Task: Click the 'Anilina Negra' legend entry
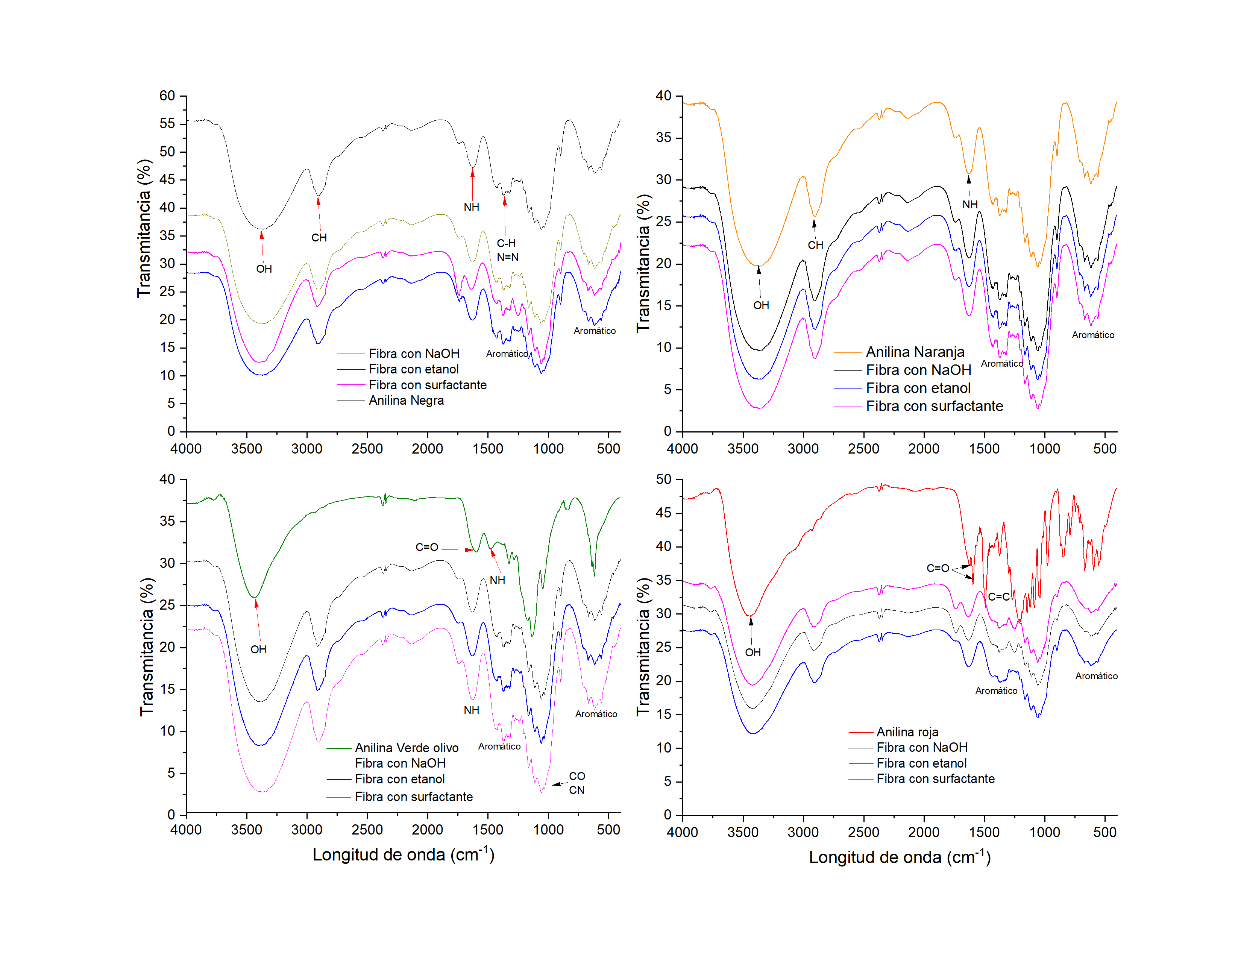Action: tap(406, 401)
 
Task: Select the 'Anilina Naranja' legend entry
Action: tap(915, 352)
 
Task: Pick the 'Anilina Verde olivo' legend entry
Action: tap(406, 748)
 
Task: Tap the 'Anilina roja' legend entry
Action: tap(907, 732)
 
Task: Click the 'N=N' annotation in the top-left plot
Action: tap(507, 257)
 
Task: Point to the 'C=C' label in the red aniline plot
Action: tap(998, 596)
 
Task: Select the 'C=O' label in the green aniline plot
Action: tap(427, 547)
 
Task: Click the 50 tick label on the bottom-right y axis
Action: tap(664, 479)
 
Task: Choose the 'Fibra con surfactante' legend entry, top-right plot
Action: tap(934, 406)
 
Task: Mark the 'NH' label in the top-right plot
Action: tap(970, 205)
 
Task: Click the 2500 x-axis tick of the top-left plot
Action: tap(367, 449)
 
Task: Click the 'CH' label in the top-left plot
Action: tap(319, 237)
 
